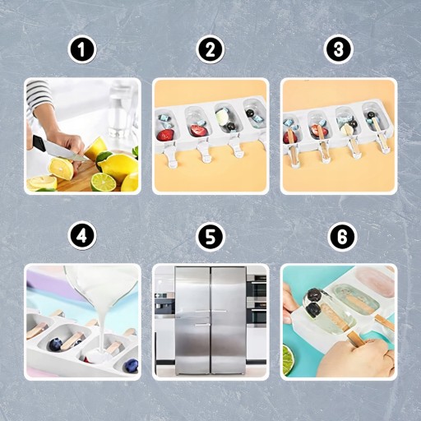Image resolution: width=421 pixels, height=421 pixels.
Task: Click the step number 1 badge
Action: click(x=82, y=49)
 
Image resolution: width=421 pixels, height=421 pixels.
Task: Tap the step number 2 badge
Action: click(x=210, y=49)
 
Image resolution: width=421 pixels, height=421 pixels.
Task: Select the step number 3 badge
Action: click(x=338, y=49)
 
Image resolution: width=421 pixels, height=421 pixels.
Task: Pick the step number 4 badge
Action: click(x=82, y=236)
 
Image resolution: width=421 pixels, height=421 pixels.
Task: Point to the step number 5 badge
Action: click(x=210, y=236)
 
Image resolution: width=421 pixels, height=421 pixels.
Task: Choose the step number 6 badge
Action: click(x=342, y=236)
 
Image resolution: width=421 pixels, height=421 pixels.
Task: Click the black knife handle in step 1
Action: click(x=39, y=142)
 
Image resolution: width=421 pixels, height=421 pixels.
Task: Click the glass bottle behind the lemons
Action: click(x=117, y=113)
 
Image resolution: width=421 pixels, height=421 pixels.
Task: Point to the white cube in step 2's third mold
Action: click(x=221, y=117)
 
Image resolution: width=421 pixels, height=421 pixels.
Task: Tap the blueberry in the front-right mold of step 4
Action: click(x=130, y=366)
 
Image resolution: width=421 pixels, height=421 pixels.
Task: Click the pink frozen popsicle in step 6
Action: click(x=376, y=283)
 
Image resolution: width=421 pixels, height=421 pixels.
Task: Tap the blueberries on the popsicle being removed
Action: click(x=312, y=303)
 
